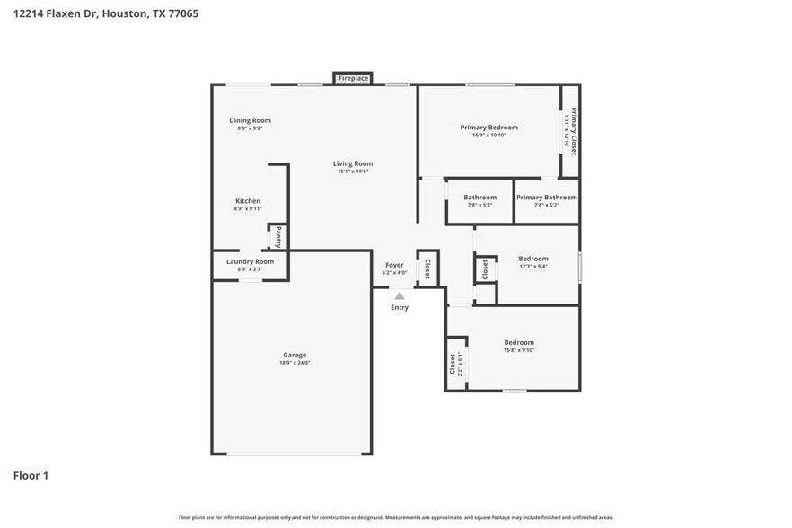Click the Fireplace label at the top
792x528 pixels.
(x=353, y=79)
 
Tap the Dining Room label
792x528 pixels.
(x=250, y=120)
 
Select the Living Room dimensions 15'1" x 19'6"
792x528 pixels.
(x=353, y=172)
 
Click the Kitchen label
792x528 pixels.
(x=248, y=201)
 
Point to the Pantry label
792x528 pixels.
(x=278, y=237)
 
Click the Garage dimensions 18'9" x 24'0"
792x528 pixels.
(x=295, y=363)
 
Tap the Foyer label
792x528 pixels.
(x=394, y=265)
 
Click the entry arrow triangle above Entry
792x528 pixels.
(x=400, y=295)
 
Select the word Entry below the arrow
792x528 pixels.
(x=400, y=308)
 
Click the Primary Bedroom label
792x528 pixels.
(x=489, y=128)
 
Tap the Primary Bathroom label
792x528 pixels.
(x=547, y=198)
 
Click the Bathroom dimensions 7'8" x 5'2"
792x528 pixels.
(x=480, y=206)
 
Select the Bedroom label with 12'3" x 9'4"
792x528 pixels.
(x=533, y=259)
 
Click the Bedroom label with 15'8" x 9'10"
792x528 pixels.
(x=519, y=342)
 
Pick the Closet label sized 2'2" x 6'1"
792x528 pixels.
(x=453, y=364)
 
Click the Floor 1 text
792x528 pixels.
(x=31, y=475)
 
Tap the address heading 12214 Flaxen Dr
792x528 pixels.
(x=55, y=13)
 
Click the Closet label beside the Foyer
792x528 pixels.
(x=427, y=268)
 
